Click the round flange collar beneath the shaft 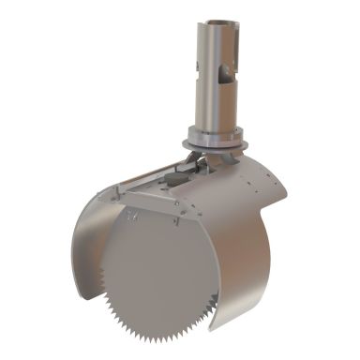coord(218,138)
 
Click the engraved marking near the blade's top coord(127,218)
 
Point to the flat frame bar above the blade coord(159,202)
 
